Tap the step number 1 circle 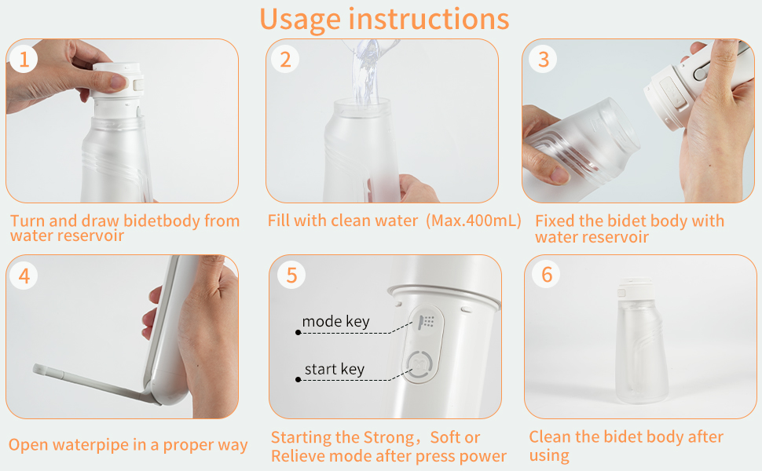[x=24, y=60]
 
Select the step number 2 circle [x=285, y=60]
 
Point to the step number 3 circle [x=543, y=60]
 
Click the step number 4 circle [x=24, y=276]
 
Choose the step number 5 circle [x=291, y=276]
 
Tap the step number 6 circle [x=547, y=275]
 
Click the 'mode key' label [x=335, y=322]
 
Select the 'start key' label [x=334, y=370]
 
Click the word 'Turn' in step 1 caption [x=27, y=221]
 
